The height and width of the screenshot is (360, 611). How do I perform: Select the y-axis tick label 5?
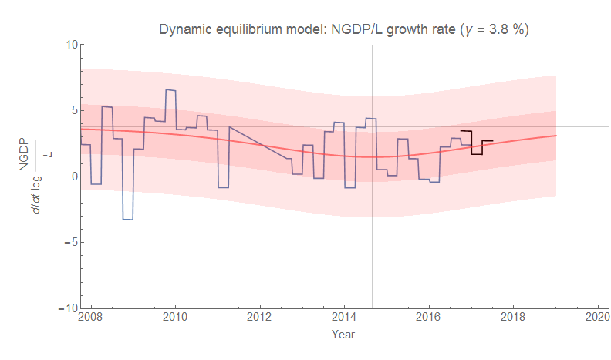pos(72,110)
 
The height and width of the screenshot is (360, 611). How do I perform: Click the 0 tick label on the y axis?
pos(72,177)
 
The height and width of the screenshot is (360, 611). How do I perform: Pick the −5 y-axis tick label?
pos(69,242)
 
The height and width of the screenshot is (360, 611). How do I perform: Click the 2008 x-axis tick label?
pos(91,318)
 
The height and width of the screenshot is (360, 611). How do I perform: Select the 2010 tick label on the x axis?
pos(175,318)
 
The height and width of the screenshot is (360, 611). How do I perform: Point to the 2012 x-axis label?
pos(260,318)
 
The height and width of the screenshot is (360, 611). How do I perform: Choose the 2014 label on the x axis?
pos(344,318)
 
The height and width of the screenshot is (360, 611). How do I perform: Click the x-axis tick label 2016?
pos(429,318)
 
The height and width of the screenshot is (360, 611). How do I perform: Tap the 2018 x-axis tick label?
pos(513,318)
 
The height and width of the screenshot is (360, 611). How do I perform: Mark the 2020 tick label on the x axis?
pos(598,318)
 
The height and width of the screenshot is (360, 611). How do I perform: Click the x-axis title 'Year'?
pos(343,335)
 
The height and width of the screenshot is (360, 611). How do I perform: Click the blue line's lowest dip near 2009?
pos(128,220)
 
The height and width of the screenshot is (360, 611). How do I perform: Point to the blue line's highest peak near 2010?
pos(170,90)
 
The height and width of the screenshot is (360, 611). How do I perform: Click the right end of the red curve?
pos(555,136)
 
